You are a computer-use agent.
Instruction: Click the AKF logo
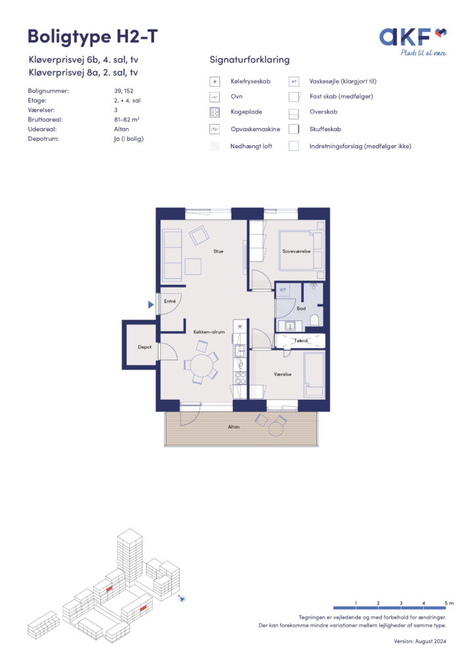[413, 41]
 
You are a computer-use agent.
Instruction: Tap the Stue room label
[218, 251]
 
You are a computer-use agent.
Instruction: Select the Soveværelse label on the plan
[297, 251]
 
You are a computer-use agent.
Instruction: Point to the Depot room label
[145, 347]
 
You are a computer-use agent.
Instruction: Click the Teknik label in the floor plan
[301, 341]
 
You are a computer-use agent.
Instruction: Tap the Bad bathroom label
[302, 308]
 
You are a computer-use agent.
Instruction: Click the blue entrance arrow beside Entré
[151, 304]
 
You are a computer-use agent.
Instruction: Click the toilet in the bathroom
[314, 320]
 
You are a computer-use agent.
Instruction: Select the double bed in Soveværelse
[301, 251]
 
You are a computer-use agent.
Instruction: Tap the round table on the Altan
[276, 428]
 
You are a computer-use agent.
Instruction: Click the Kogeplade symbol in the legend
[215, 112]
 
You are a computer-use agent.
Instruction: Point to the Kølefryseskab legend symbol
[215, 81]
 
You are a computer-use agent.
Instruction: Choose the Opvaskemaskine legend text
[255, 129]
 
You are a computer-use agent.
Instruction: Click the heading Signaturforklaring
[250, 60]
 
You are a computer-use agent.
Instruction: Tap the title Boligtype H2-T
[93, 37]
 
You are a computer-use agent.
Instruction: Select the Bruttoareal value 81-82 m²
[127, 119]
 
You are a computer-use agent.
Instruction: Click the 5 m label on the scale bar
[449, 603]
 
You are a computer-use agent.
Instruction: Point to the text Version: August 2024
[420, 641]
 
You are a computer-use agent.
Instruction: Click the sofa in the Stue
[172, 255]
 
